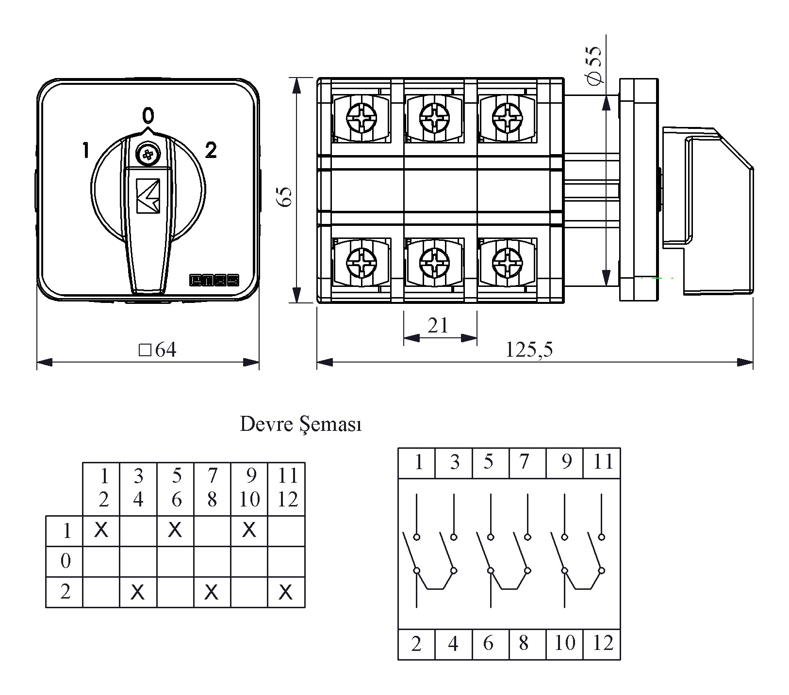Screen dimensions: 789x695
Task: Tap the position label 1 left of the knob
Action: (x=85, y=150)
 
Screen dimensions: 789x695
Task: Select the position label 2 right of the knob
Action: (x=211, y=150)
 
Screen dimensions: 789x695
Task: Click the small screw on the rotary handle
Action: (x=148, y=155)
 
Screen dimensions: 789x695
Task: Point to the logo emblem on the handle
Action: (x=148, y=196)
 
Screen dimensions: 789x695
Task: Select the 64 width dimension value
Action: (x=158, y=349)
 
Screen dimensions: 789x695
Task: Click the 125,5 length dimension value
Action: (x=529, y=349)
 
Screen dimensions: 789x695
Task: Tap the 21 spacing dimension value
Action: (x=438, y=326)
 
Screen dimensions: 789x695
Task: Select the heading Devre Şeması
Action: (x=301, y=425)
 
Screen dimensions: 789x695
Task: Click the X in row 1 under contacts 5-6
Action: (x=175, y=530)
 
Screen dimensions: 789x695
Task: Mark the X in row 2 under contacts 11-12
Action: (x=286, y=592)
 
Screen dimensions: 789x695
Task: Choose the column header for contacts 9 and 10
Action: (x=249, y=488)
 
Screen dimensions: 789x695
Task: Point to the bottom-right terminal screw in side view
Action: (x=507, y=263)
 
